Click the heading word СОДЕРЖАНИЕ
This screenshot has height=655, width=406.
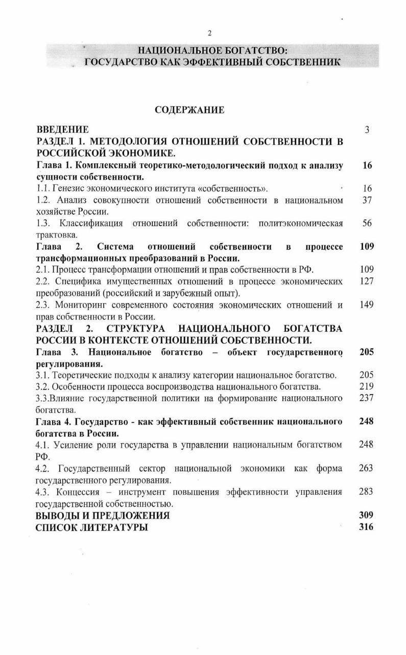point(189,110)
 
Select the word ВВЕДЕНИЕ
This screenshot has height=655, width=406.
point(62,130)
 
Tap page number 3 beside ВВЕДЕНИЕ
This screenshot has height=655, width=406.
point(367,130)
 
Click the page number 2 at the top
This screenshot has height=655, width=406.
point(209,34)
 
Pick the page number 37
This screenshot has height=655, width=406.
point(367,200)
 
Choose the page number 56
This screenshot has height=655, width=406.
point(367,224)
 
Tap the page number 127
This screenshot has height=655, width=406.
point(367,282)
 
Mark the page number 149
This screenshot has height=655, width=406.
point(367,305)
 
